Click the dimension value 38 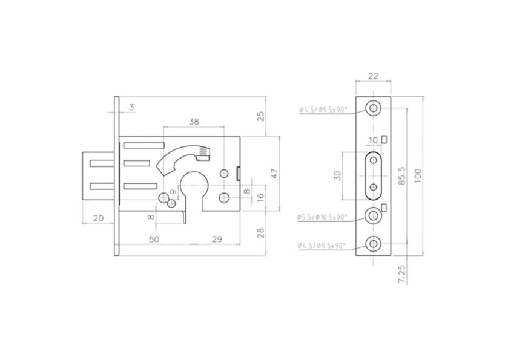(x=194, y=122)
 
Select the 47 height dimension (x=274, y=173)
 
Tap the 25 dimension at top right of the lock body (x=261, y=116)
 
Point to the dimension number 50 (x=154, y=239)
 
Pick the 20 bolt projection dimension (x=97, y=218)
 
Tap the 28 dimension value (x=261, y=232)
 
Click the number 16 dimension (x=261, y=197)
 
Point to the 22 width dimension (x=374, y=76)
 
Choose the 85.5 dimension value (x=401, y=175)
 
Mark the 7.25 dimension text (x=402, y=273)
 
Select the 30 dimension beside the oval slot (x=338, y=175)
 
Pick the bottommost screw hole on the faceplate (x=374, y=244)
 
